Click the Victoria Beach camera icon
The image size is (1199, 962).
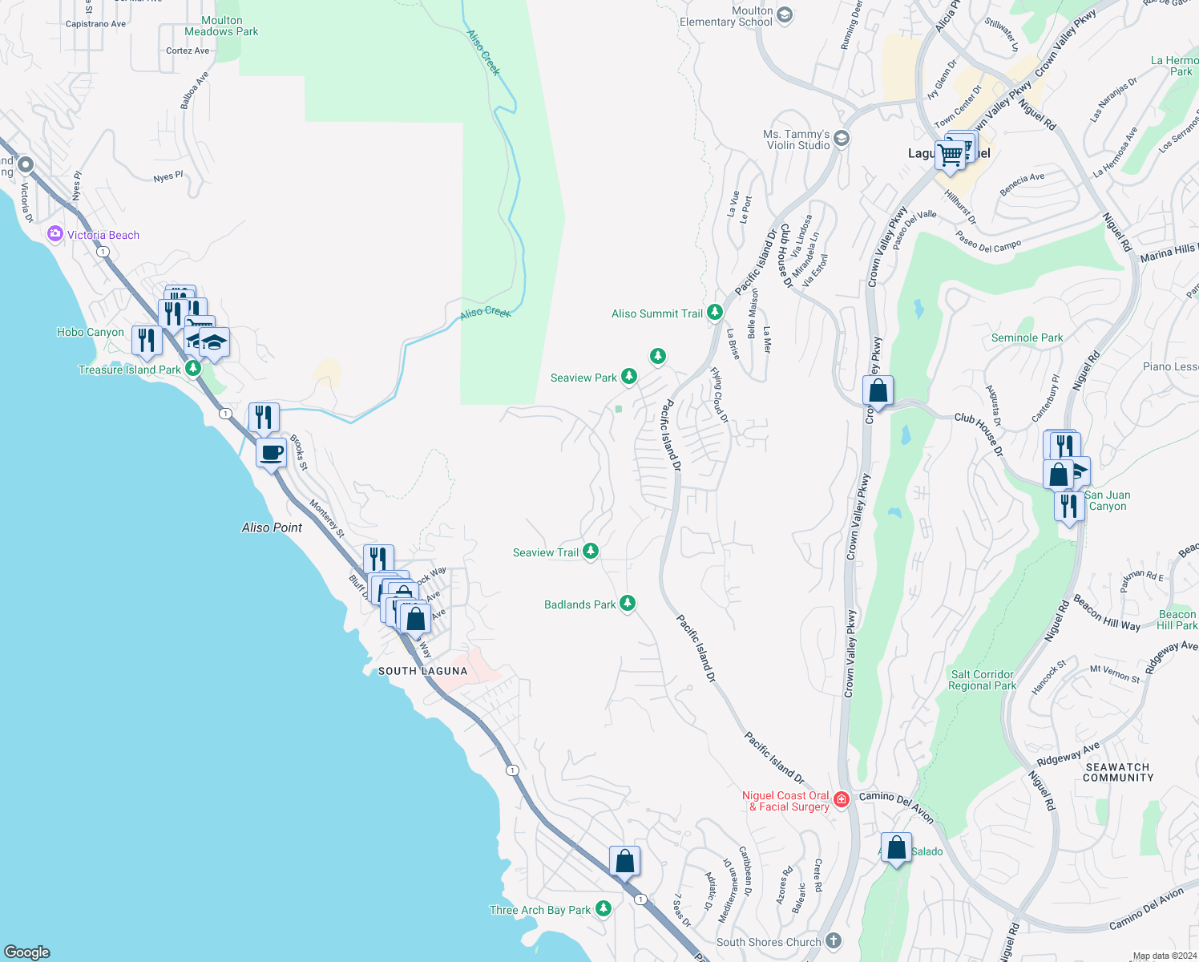54,234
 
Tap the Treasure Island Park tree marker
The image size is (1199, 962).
193,369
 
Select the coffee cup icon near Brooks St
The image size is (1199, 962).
272,453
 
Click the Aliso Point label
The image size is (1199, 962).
272,527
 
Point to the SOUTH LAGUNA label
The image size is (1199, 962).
422,671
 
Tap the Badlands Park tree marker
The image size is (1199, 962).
628,604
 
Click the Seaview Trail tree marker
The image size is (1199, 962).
591,552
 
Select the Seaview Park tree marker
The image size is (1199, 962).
629,377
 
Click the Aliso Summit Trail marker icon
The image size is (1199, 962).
715,313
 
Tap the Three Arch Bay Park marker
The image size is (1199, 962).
604,909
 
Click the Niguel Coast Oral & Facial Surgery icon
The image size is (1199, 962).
841,800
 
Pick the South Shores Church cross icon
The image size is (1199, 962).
834,941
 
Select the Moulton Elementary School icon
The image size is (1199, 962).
785,15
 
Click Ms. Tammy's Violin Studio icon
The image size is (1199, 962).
841,139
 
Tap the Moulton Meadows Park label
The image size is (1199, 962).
221,26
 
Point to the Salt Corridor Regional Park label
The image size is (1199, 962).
982,680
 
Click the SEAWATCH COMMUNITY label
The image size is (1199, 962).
1117,772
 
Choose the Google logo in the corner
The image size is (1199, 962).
27,952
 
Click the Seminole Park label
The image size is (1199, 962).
1027,338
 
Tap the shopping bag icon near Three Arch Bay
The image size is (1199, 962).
624,862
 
